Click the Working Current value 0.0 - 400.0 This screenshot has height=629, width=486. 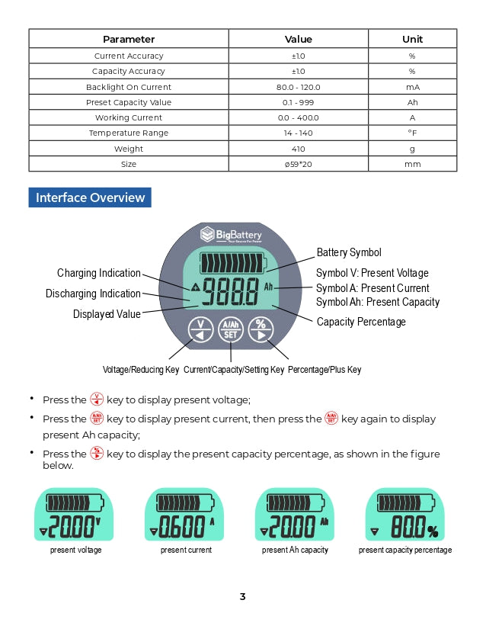[x=298, y=117]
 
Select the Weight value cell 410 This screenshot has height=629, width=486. [x=298, y=149]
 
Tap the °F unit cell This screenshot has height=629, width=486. [x=412, y=133]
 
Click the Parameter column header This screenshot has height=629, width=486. [x=129, y=39]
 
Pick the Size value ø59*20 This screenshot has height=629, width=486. [x=298, y=164]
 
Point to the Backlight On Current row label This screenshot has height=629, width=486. [x=129, y=87]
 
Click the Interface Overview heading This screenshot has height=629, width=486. [x=90, y=197]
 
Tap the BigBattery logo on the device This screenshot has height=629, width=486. [x=231, y=234]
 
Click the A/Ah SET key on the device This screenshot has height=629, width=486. [x=230, y=329]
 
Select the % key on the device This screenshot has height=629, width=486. [x=261, y=329]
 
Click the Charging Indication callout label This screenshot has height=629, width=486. [x=99, y=273]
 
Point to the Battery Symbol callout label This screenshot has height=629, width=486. [x=349, y=252]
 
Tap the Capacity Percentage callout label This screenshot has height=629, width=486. [x=361, y=322]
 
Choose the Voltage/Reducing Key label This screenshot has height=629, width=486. [x=141, y=370]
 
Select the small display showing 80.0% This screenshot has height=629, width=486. [x=404, y=515]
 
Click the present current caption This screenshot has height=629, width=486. [x=186, y=550]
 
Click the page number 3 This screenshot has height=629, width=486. [x=242, y=596]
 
